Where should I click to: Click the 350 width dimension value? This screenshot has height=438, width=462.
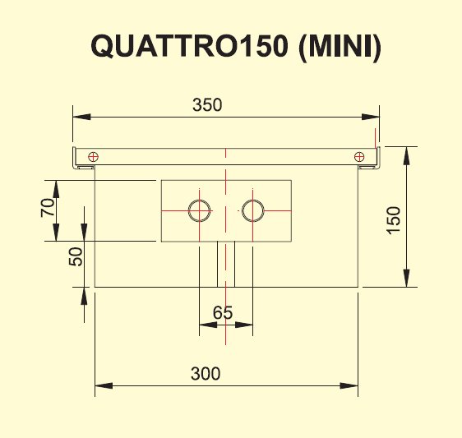click(x=207, y=105)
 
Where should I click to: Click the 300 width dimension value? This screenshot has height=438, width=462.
click(x=206, y=374)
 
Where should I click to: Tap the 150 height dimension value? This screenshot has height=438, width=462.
click(x=394, y=220)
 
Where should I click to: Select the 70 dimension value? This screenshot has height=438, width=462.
click(x=48, y=208)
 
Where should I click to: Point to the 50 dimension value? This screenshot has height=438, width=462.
click(x=76, y=256)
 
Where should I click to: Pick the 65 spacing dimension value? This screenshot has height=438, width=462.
click(x=223, y=312)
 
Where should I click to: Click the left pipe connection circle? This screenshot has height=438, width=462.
click(x=200, y=210)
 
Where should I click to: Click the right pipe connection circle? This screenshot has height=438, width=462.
click(x=253, y=210)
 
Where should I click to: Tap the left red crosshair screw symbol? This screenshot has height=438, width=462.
click(x=94, y=157)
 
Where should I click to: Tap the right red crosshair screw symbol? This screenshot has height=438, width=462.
click(x=359, y=157)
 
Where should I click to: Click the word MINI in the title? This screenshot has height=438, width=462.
click(x=340, y=46)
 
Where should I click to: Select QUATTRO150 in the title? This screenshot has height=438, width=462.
click(x=189, y=46)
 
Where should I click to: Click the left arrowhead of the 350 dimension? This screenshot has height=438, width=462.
click(x=81, y=117)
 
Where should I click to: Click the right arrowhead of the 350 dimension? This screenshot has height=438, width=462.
click(x=371, y=117)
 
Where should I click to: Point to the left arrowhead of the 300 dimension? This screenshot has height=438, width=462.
click(x=104, y=385)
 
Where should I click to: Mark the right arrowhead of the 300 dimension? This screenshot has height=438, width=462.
click(x=349, y=385)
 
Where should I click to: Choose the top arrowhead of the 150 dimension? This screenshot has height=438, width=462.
click(x=407, y=155)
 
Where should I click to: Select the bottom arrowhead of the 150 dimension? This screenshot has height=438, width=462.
click(x=407, y=278)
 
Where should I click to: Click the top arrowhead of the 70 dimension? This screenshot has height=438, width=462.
click(x=56, y=189)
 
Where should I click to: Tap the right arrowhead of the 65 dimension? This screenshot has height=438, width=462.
click(x=244, y=325)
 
